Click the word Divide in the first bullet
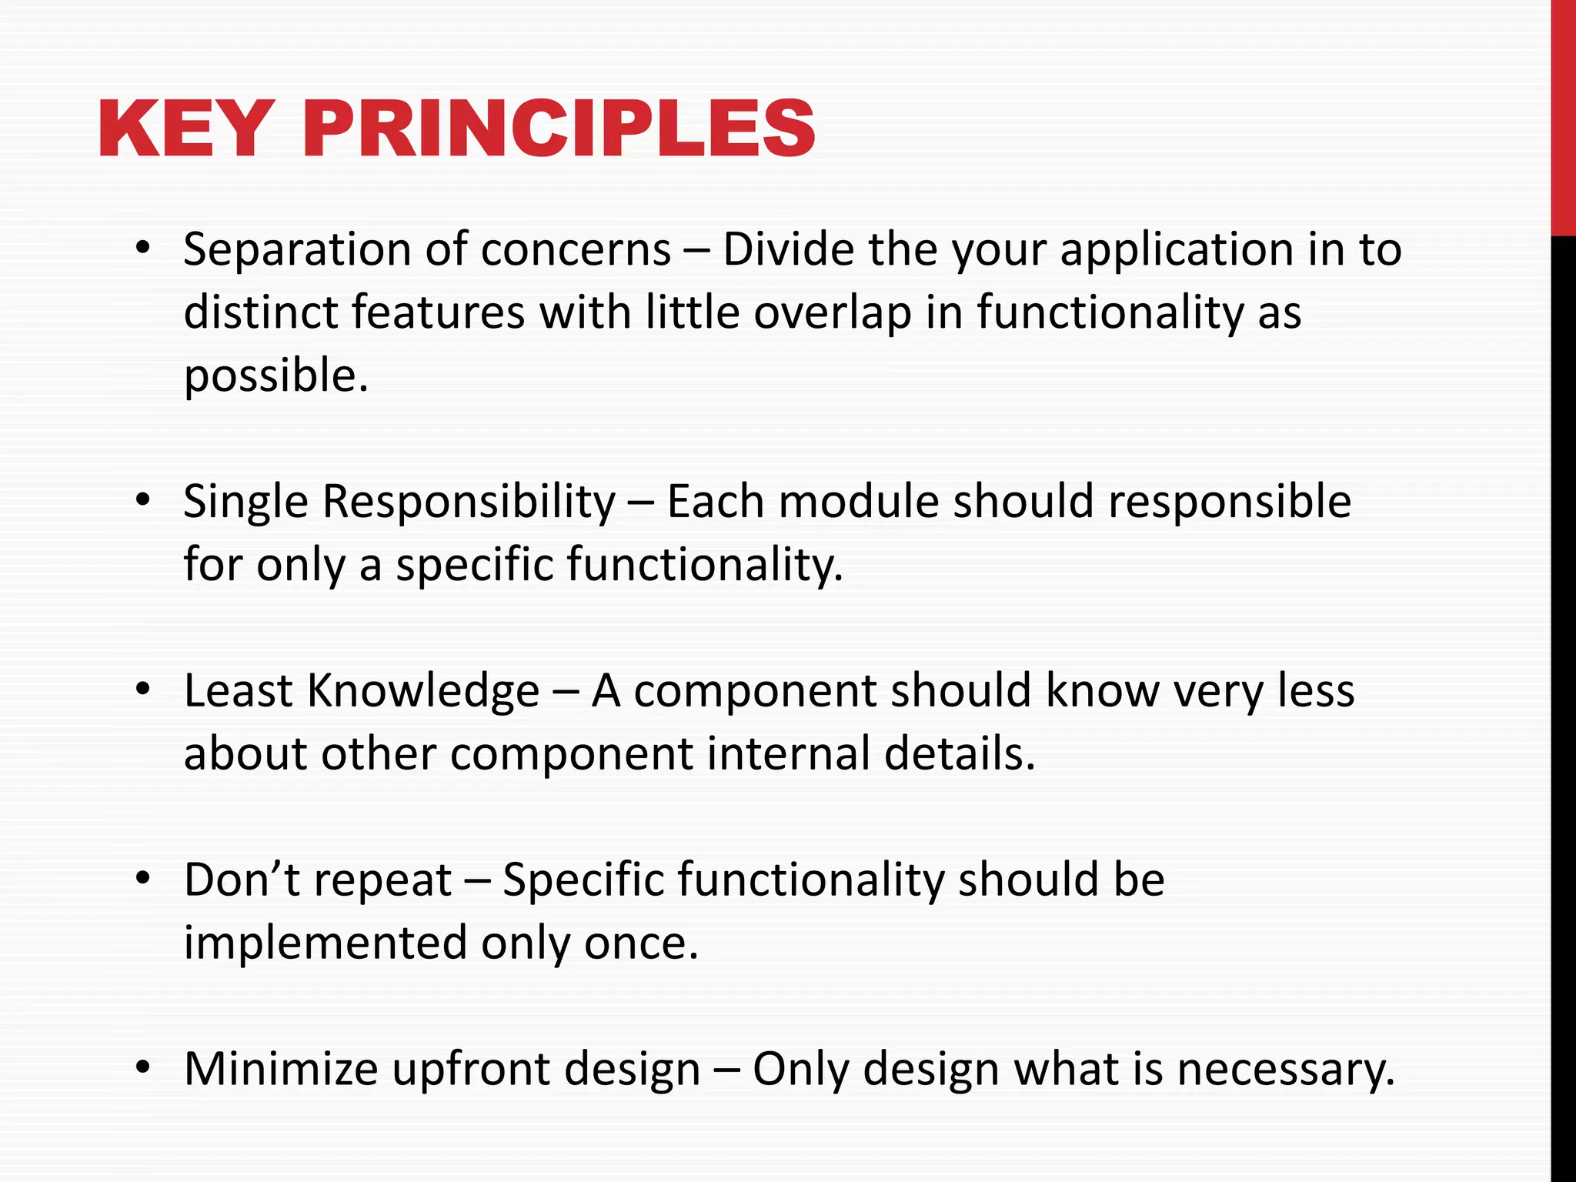788,249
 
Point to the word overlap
832,314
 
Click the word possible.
275,377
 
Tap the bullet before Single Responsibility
142,500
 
